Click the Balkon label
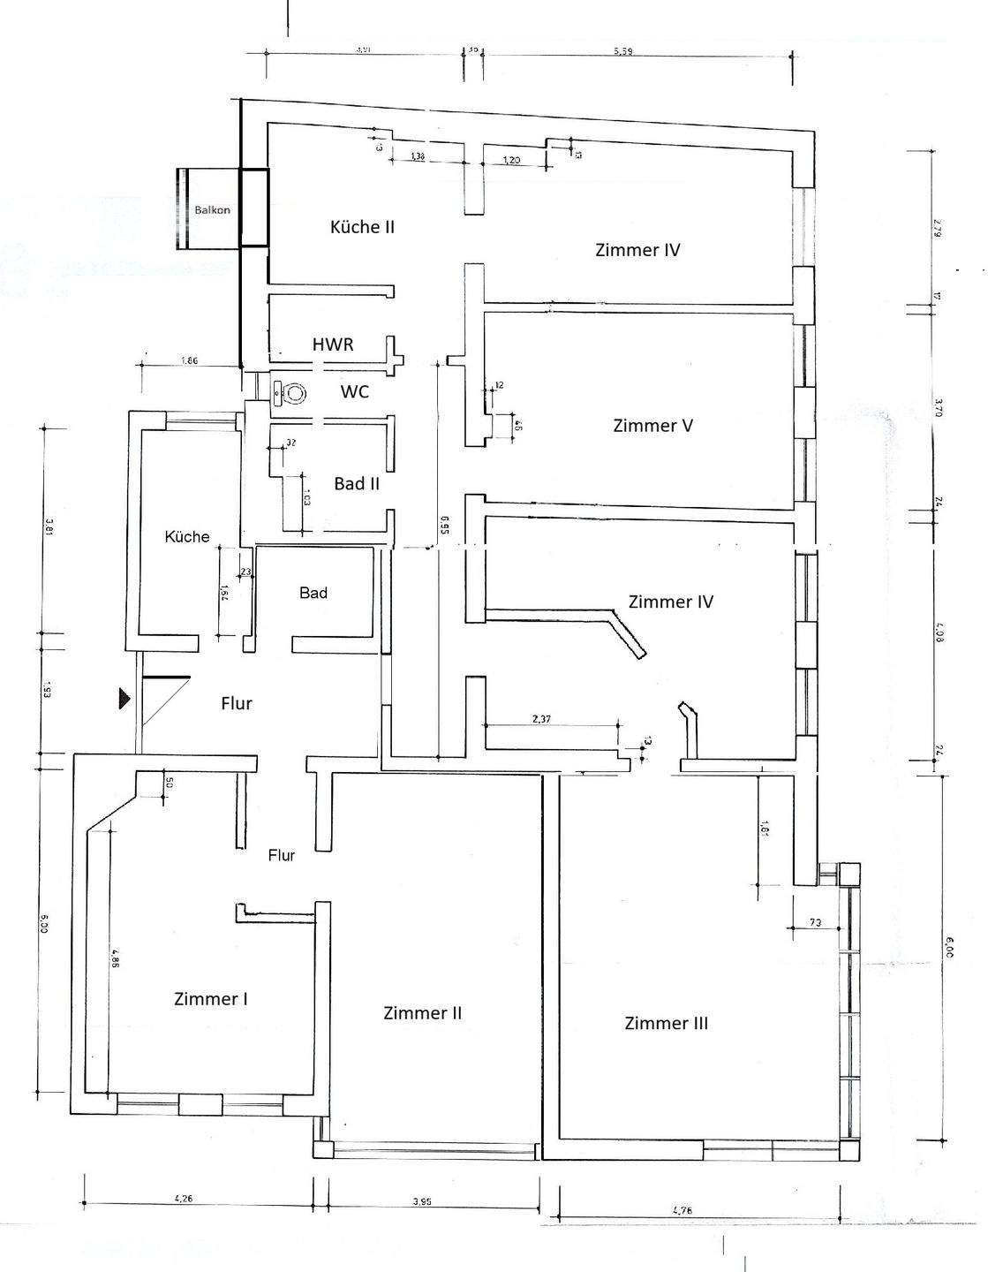(x=213, y=210)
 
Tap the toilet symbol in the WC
(x=289, y=392)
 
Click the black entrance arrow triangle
(x=125, y=700)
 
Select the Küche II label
(x=362, y=227)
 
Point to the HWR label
(x=333, y=344)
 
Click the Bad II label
(x=357, y=484)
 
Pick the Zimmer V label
(x=652, y=426)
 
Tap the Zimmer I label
(x=210, y=999)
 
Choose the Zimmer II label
(x=423, y=1013)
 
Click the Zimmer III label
(x=667, y=1024)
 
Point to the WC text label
(x=355, y=391)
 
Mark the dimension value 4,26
(x=184, y=1200)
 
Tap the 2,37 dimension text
(x=541, y=720)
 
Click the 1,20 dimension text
(x=512, y=160)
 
